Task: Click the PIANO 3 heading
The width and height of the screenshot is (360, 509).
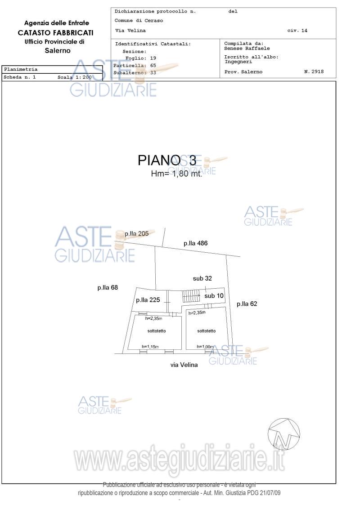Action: coord(167,161)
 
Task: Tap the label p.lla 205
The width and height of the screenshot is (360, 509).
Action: coord(136,234)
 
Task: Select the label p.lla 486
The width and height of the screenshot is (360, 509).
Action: coord(195,243)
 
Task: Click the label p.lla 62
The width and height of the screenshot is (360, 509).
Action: coord(247,304)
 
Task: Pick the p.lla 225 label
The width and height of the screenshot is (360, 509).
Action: coord(148,300)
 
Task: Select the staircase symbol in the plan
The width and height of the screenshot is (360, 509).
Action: coord(191,296)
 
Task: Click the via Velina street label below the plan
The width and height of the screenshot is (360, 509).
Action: coord(184,365)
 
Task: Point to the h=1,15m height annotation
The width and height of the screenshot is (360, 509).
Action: coord(150,347)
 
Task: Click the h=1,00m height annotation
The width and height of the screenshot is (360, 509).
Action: coord(205,347)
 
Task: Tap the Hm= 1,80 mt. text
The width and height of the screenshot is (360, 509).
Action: coord(176,174)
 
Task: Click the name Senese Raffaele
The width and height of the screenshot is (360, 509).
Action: coord(247,48)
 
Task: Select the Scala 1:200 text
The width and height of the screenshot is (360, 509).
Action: coord(74,77)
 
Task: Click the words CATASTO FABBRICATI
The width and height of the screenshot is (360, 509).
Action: coord(56,32)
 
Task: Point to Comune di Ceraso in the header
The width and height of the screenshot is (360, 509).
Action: coord(139,21)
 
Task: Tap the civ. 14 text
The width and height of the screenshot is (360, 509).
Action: coord(297,31)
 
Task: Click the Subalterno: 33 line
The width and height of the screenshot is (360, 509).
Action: coord(135,72)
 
